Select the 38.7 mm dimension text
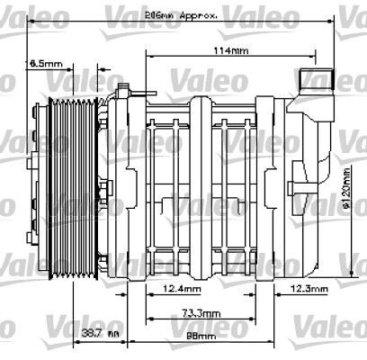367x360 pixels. point(101,334)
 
